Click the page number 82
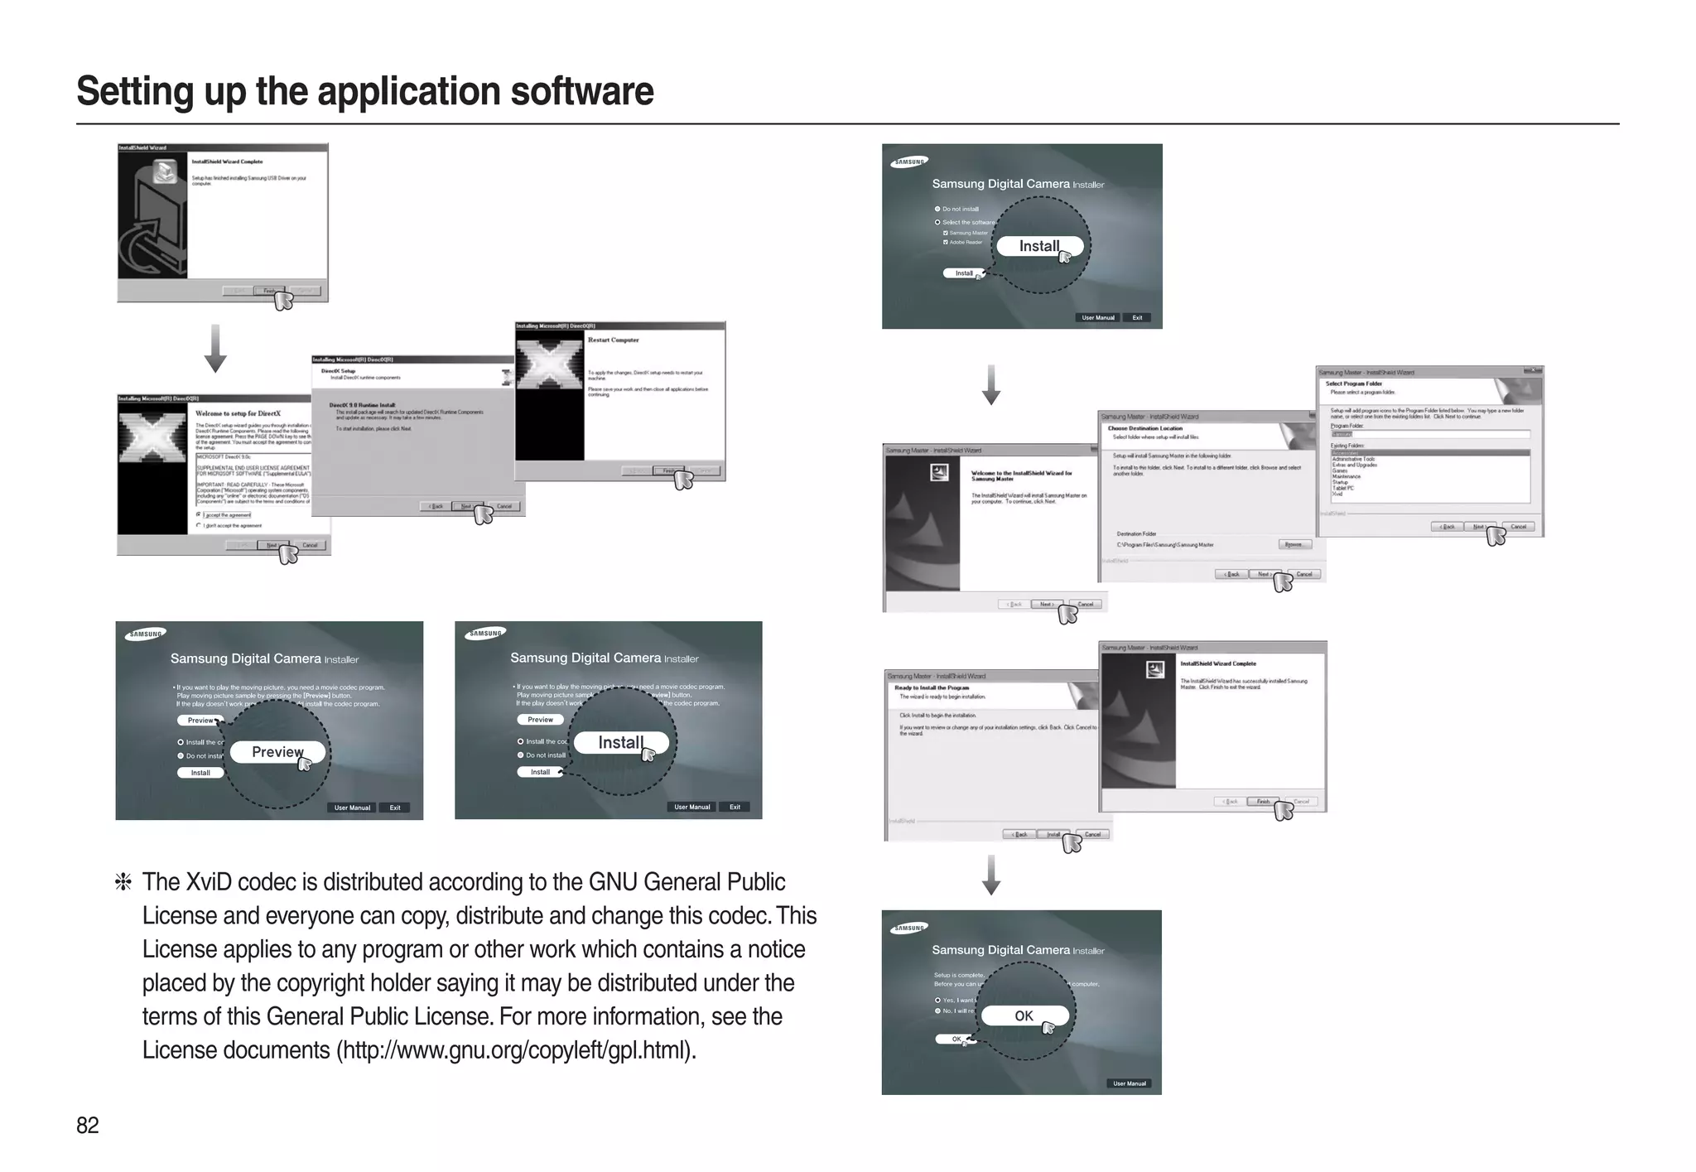coord(87,1125)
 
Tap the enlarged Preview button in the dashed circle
coord(277,752)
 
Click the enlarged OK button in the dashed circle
coord(1024,1015)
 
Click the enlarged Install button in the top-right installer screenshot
coord(1039,246)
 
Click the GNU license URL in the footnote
coord(515,1050)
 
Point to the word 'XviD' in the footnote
coord(210,882)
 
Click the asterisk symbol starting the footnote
coord(123,883)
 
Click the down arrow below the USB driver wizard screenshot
coord(215,349)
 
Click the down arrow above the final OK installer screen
coord(991,875)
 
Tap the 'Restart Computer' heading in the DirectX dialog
coord(613,340)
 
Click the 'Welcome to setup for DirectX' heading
coord(238,413)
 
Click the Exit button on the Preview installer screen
coord(395,808)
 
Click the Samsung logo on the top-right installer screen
coord(909,162)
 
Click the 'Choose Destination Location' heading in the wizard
coord(1144,428)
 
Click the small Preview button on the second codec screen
coord(540,720)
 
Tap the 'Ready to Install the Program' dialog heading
coord(932,687)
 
